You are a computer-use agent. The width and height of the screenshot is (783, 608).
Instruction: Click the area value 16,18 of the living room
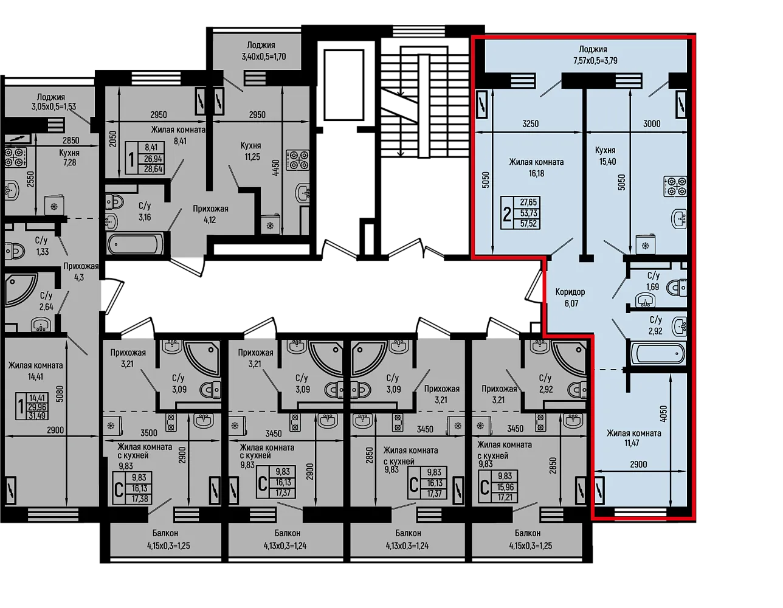(536, 173)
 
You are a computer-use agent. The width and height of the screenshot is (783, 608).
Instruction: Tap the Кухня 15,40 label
(607, 156)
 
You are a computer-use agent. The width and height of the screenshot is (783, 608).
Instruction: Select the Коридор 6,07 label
(570, 297)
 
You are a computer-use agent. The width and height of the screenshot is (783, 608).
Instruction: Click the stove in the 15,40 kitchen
(675, 186)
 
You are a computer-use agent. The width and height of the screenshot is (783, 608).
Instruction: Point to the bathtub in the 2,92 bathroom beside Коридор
(658, 353)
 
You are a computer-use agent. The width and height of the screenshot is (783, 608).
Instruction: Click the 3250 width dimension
(530, 124)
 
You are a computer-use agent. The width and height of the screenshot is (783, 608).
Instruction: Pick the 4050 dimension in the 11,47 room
(664, 413)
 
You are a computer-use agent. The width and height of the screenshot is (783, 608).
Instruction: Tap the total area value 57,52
(528, 224)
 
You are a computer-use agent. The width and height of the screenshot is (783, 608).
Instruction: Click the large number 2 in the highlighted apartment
(507, 215)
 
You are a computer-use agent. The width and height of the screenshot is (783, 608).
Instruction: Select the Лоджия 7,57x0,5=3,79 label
(595, 55)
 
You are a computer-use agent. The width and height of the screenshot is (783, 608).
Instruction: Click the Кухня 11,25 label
(251, 151)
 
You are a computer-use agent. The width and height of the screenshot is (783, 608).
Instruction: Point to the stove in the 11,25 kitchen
(298, 160)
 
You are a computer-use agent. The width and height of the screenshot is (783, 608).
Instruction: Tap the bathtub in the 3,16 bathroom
(133, 244)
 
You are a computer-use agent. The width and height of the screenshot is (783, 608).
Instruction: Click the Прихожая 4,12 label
(210, 214)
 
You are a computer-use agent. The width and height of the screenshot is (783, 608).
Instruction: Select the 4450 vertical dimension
(276, 168)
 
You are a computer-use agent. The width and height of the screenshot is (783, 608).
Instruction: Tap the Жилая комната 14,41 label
(35, 371)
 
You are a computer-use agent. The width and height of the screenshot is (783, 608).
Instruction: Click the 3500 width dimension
(149, 432)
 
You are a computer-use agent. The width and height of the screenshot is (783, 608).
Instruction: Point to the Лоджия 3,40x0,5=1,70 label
(261, 51)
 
